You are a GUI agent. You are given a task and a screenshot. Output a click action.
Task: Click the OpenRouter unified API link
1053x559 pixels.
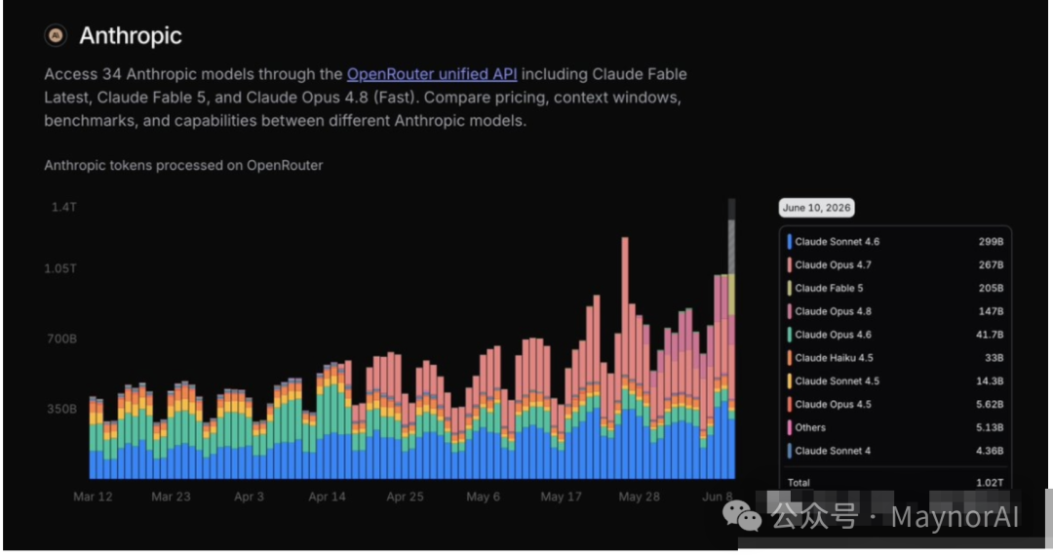coord(432,74)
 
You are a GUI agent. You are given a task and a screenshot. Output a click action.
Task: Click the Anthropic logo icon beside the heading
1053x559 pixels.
coord(56,35)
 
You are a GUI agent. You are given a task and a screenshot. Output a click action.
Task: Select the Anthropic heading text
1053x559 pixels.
coord(131,36)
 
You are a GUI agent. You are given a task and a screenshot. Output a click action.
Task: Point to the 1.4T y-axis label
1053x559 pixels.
coord(63,207)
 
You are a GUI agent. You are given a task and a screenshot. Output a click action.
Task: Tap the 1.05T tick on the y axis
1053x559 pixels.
coord(60,268)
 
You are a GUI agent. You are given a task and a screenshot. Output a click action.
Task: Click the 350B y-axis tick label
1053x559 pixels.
coord(61,409)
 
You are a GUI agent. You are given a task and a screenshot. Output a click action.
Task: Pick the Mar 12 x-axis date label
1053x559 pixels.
coord(93,497)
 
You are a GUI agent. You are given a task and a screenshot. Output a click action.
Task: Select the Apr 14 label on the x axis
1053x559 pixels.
coord(327,497)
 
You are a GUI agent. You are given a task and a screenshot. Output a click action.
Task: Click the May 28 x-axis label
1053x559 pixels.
coord(640,497)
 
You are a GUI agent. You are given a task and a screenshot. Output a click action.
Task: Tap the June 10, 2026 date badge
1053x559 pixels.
coord(817,208)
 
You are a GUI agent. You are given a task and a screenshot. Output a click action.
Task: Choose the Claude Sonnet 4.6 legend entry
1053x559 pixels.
coord(837,242)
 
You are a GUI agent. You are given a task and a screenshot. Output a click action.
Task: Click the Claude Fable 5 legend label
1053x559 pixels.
coord(829,288)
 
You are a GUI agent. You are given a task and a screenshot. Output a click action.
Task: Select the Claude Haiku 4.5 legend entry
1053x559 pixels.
coord(834,358)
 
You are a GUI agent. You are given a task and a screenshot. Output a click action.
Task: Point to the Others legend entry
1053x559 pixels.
coord(810,428)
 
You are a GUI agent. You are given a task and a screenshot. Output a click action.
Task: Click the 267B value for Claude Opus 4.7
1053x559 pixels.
coord(991,265)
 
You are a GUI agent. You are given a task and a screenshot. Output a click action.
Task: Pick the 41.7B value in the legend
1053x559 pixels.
coord(990,335)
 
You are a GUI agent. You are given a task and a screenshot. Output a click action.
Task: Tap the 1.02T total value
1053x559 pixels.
coord(990,483)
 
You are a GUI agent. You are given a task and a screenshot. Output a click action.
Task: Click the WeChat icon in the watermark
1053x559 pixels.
coord(742,516)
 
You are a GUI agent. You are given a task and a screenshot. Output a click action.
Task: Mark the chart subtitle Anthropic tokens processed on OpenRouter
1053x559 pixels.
coord(183,165)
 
